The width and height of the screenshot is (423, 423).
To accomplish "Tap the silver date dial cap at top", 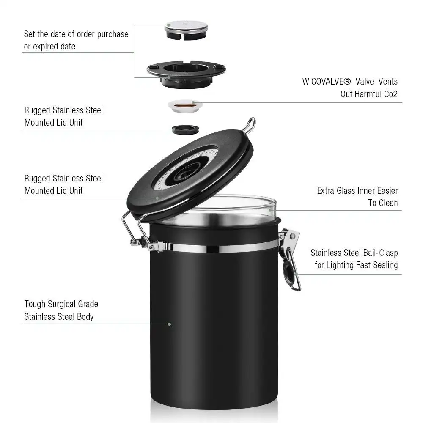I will [x=186, y=27].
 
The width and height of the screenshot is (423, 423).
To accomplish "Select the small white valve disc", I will [x=185, y=105].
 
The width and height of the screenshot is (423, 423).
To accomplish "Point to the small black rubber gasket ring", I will [x=185, y=129].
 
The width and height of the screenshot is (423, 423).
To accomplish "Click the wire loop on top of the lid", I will [x=250, y=125].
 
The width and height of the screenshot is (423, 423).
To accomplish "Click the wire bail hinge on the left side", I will [x=131, y=231].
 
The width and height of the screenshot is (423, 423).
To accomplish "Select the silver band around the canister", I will [x=220, y=247].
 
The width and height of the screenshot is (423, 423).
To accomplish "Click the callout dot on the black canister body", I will [x=170, y=324].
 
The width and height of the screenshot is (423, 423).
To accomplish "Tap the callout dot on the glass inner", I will [x=269, y=210].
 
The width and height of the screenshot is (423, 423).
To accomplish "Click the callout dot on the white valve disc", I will [x=194, y=102].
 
